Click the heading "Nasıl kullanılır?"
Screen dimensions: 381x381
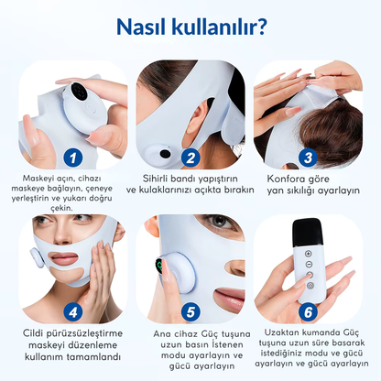190,27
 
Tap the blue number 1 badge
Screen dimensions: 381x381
70,157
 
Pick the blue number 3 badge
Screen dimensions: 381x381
309,157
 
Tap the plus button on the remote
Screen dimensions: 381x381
308,254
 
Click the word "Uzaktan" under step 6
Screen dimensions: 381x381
284,331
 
